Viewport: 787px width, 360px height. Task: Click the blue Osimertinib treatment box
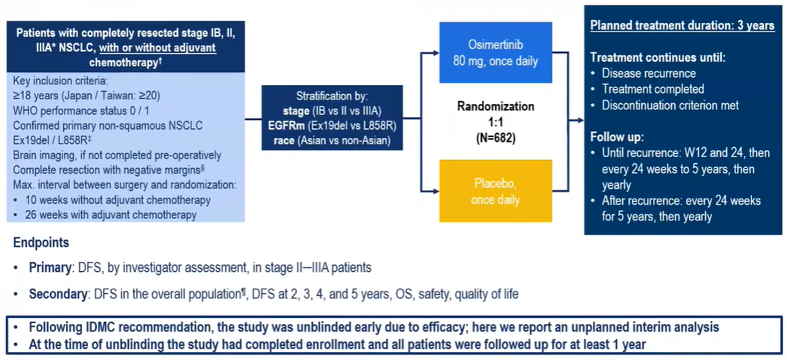click(x=495, y=53)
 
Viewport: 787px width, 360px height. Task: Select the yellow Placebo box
click(x=495, y=191)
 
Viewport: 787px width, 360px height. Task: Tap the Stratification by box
click(x=332, y=117)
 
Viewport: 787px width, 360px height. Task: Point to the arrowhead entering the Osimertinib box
click(x=436, y=53)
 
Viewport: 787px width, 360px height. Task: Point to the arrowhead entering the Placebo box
click(x=436, y=191)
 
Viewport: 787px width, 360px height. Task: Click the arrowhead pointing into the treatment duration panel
click(x=580, y=120)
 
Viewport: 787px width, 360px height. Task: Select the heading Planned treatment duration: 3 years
click(x=682, y=26)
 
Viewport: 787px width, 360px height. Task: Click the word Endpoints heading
click(x=41, y=243)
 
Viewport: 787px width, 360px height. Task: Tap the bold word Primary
click(x=50, y=268)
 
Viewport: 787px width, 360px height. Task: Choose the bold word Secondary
click(x=57, y=294)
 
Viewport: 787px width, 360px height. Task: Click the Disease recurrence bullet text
click(x=648, y=74)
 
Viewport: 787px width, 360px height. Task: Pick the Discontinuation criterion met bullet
click(x=670, y=105)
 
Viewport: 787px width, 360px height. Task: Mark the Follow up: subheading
click(x=617, y=137)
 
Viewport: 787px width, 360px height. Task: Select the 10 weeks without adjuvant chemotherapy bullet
click(x=118, y=200)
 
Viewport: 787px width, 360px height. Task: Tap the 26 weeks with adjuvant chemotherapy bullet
click(x=111, y=214)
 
